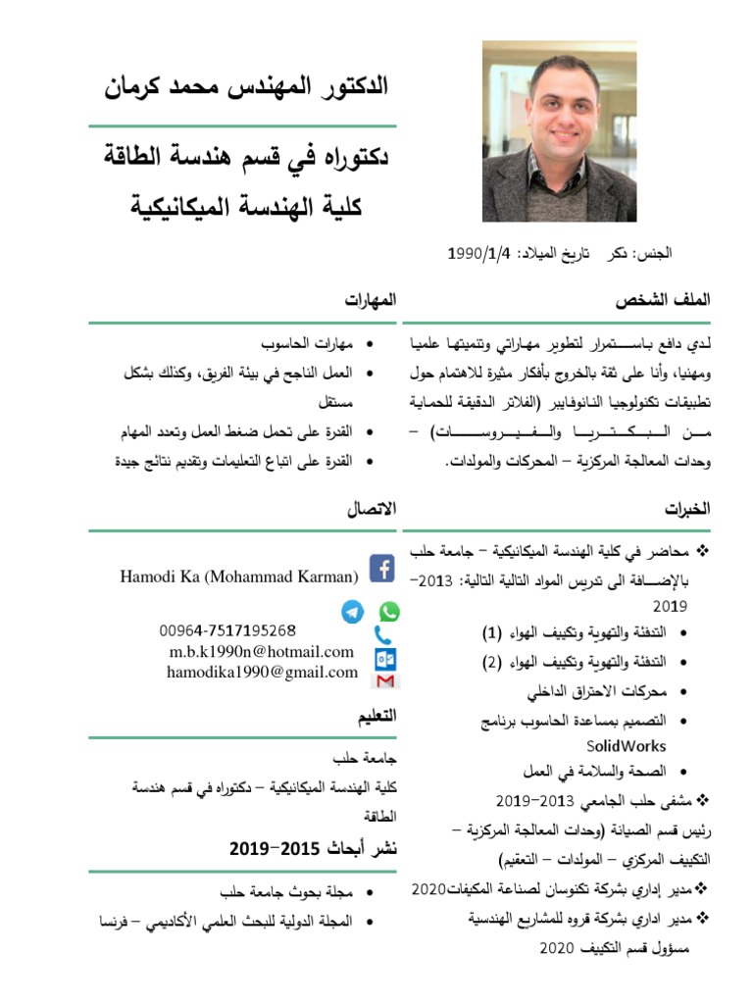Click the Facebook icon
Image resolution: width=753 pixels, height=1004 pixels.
[381, 568]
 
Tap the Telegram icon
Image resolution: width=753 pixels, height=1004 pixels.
[352, 612]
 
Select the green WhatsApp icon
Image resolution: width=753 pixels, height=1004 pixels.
[389, 612]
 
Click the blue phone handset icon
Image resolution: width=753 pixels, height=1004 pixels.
[383, 635]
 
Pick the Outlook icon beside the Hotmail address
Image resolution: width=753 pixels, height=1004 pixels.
[385, 658]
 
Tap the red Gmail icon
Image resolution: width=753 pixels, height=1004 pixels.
[385, 679]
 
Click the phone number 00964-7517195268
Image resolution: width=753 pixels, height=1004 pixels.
[227, 629]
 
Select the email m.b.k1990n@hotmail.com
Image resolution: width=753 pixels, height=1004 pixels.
[261, 651]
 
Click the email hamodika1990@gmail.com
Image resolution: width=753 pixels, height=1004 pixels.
[262, 672]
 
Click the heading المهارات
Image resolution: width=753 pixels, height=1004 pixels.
[371, 299]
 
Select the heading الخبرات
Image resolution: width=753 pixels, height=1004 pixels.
[686, 509]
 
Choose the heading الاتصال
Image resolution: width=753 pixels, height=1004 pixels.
[372, 509]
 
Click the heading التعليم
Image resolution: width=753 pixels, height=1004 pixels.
[376, 717]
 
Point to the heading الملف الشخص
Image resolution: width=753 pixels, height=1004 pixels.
[662, 299]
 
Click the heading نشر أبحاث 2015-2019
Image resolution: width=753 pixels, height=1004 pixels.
[313, 847]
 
